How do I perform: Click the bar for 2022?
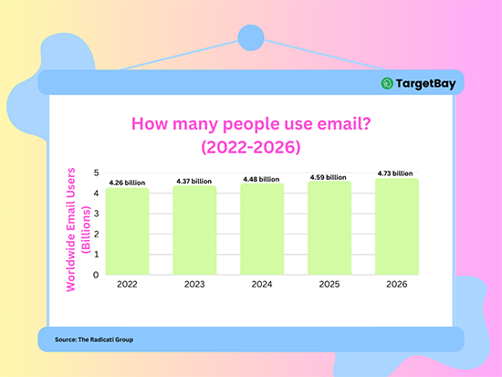coord(127,231)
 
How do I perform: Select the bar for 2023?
coord(194,230)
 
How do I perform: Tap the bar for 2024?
coord(262,228)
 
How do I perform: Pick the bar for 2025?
coord(329,227)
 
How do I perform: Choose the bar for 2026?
coord(397,225)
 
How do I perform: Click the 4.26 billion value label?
coord(127,183)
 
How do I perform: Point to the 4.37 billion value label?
coord(194,182)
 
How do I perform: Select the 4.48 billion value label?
coord(262,179)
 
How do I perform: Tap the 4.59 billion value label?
coord(329,177)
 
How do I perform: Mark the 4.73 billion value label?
coord(397,173)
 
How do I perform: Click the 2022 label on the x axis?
coord(127,284)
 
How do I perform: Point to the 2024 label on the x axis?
coord(262,284)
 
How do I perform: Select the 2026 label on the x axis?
coord(397,284)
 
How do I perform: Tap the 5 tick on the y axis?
coord(96,173)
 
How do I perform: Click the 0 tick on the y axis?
coord(96,274)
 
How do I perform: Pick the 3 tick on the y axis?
coord(96,213)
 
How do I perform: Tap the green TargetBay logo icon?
coord(388,84)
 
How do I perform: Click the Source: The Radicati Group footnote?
coord(94,340)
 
